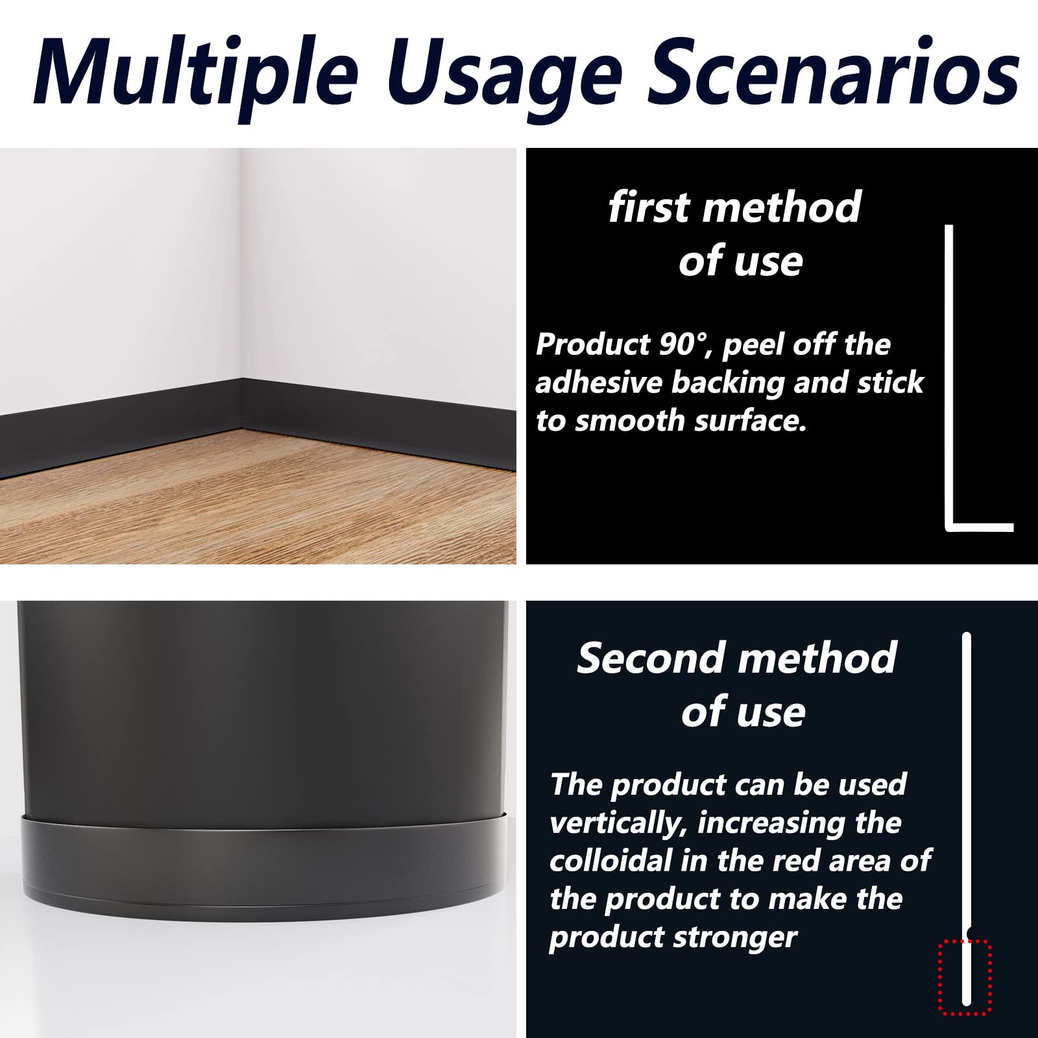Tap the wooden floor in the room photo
[259, 500]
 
